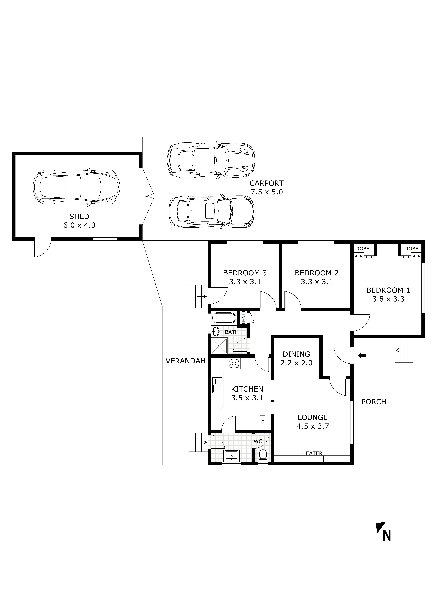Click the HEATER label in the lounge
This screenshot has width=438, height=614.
coord(312,453)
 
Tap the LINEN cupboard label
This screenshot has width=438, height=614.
coord(243,317)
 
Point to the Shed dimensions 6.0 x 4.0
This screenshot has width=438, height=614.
coord(79,225)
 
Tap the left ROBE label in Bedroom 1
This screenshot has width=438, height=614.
coord(363,249)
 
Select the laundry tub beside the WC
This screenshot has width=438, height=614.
coord(231,456)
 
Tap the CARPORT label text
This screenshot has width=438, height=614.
coord(266,183)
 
